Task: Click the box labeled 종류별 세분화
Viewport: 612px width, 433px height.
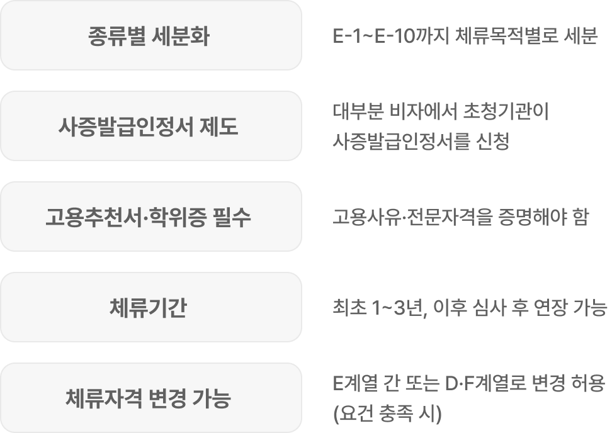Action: pos(150,36)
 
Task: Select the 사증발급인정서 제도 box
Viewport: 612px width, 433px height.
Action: pos(150,127)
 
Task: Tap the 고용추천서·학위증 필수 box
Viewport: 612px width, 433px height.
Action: pos(150,217)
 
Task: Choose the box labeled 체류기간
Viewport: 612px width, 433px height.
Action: pos(150,308)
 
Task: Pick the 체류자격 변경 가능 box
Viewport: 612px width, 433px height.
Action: pos(150,398)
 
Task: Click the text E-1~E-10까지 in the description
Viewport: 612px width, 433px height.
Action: pos(390,37)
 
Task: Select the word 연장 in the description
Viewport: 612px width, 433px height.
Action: pos(557,308)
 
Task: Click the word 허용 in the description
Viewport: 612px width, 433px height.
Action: pos(587,384)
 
